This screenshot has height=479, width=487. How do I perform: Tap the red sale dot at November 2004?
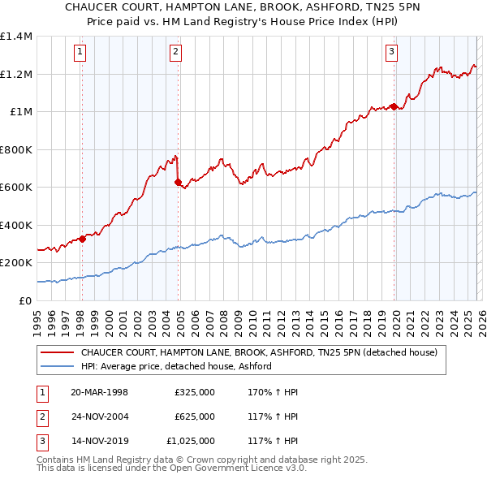[x=179, y=183]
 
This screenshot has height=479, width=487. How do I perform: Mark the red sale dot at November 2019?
[x=394, y=106]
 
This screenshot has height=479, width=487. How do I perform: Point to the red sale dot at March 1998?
[x=82, y=239]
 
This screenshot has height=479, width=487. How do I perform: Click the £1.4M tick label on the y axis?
[x=16, y=37]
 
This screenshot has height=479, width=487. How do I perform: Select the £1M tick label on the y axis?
[x=20, y=112]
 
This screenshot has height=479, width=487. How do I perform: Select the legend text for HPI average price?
[x=175, y=366]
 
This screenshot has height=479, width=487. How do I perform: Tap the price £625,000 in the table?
[x=194, y=416]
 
